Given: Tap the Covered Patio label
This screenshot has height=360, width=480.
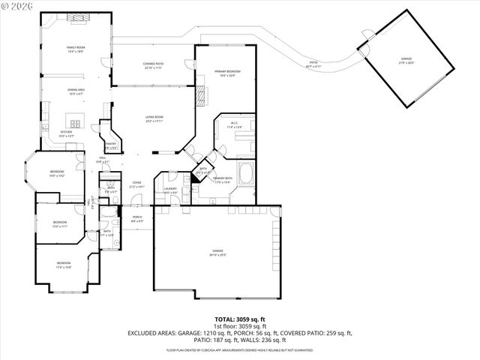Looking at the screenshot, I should pos(153,65).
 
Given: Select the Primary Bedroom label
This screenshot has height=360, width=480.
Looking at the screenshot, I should pos(226,72).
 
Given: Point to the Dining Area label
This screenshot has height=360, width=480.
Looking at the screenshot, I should pos(76,91).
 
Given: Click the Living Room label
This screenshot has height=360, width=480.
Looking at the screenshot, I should pos(154,118).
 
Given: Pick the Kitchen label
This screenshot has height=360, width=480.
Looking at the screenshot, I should pos(67,133).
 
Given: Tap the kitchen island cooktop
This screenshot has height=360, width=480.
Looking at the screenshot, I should pos(76,121).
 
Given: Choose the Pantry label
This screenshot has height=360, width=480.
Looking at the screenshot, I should pos(110,145).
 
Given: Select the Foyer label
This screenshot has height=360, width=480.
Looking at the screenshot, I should pos(136,184).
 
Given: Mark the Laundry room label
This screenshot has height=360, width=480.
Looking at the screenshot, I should pos(170,190).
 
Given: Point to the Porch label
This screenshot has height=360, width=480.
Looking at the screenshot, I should pos(136,219).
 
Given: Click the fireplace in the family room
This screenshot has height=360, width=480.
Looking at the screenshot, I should pos(75,16).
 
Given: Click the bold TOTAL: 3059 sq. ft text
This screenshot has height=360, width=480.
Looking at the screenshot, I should pos(239,319).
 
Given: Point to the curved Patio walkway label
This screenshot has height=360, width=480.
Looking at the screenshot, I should pos(313,64).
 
